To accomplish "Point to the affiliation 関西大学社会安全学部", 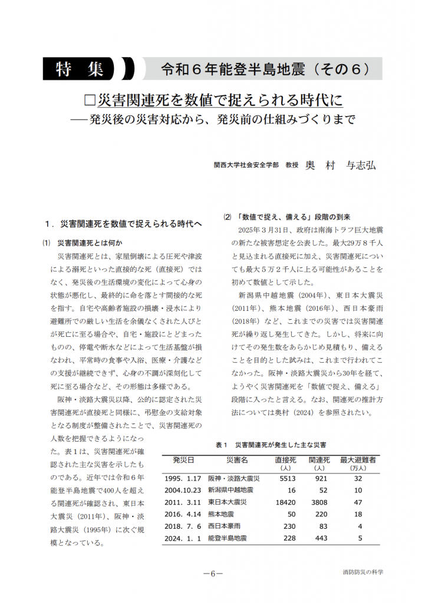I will pyautogui.click(x=246, y=167).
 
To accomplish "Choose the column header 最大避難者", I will pyautogui.click(x=358, y=459).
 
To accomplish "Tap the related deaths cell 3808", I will pyautogui.click(x=319, y=502).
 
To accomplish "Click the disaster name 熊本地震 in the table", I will pyautogui.click(x=222, y=514).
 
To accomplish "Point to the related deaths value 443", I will pyautogui.click(x=321, y=538).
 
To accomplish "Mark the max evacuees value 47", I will pyautogui.click(x=358, y=502).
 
